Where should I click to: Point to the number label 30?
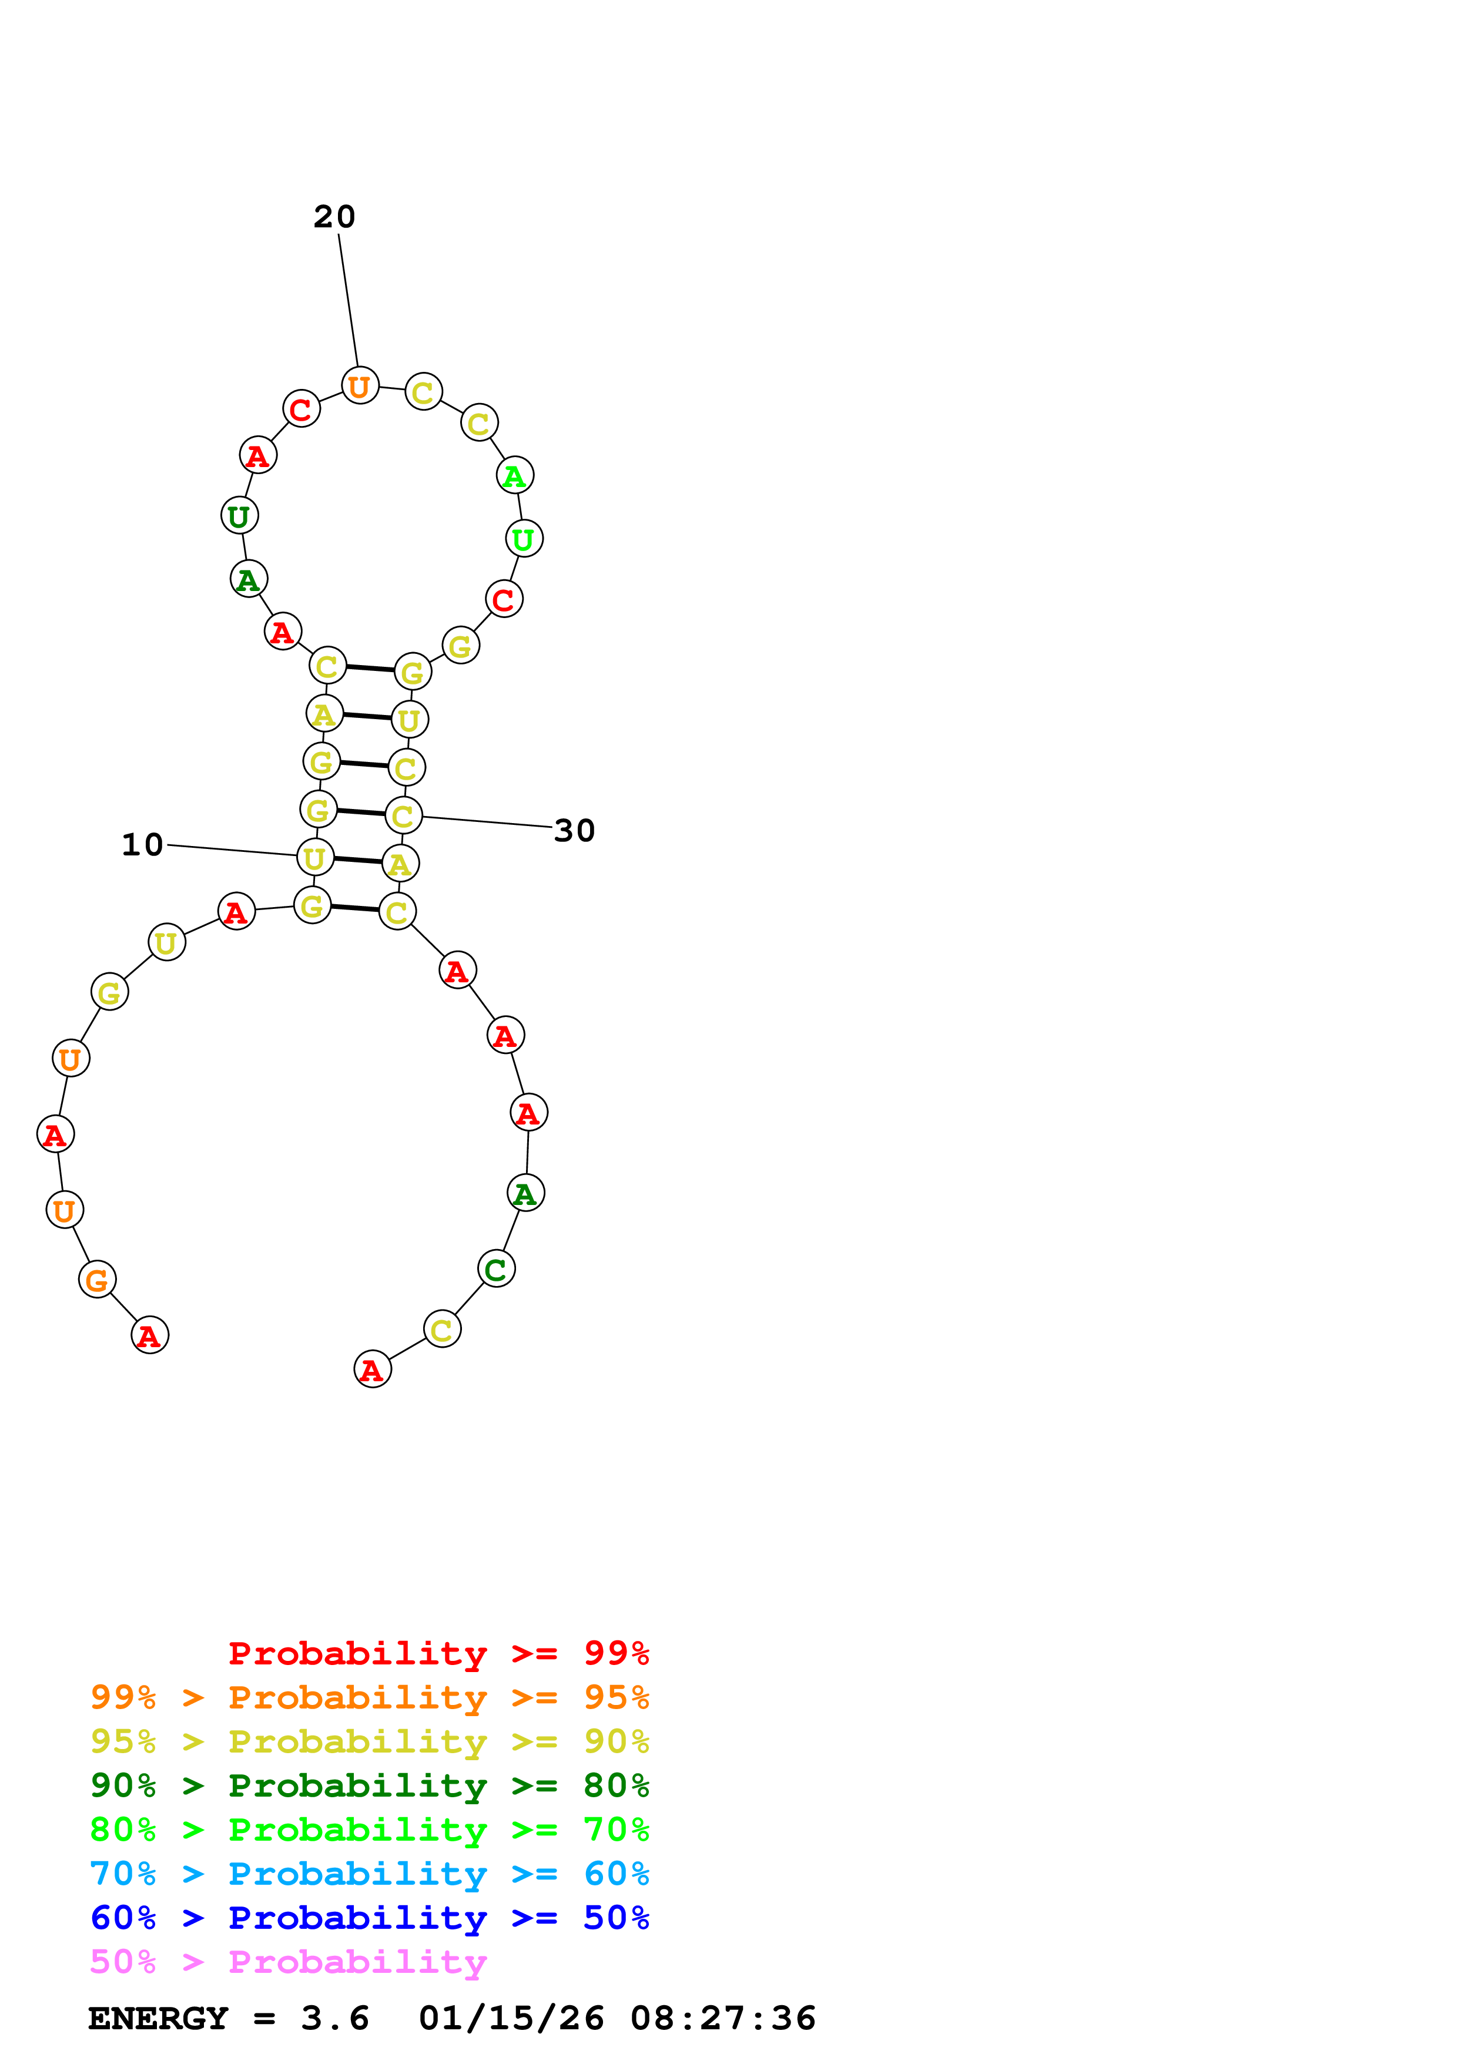click(x=575, y=831)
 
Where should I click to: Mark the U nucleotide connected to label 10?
click(x=315, y=858)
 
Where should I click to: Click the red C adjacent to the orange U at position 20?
click(x=302, y=409)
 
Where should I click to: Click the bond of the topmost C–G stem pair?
click(x=370, y=668)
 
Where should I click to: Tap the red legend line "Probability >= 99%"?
click(x=438, y=1653)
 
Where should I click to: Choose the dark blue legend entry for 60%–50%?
click(x=369, y=1918)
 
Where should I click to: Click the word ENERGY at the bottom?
click(x=158, y=2019)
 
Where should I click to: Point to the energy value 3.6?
click(x=335, y=2019)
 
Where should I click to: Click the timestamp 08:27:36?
click(x=723, y=2019)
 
